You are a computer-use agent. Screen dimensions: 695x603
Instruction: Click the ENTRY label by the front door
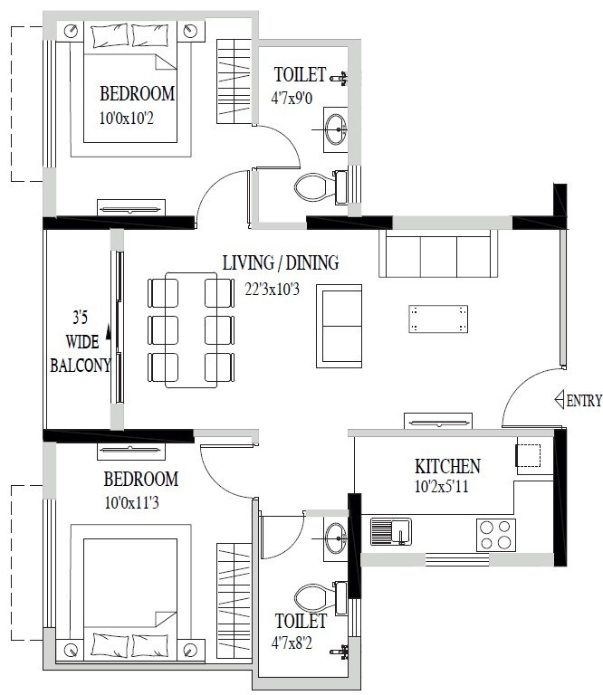click(x=584, y=400)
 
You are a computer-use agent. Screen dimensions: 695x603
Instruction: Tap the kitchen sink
click(x=391, y=532)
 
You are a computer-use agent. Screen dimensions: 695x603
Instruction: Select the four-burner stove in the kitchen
click(x=496, y=534)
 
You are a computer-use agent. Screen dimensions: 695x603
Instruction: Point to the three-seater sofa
click(x=438, y=254)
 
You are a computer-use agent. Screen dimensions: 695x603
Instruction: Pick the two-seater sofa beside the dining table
click(x=339, y=326)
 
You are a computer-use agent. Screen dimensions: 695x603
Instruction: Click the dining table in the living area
click(x=191, y=329)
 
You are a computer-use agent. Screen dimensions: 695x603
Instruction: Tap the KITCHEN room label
click(x=447, y=467)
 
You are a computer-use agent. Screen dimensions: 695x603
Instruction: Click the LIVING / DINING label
click(x=281, y=263)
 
